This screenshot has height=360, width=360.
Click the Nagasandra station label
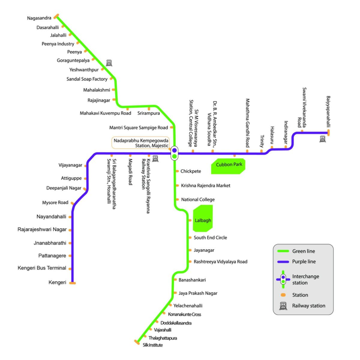[39, 18]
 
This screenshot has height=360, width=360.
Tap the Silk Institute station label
[153, 345]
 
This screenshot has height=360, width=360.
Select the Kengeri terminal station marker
[73, 283]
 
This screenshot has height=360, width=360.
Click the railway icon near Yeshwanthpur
[109, 63]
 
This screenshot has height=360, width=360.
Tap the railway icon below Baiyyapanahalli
[322, 139]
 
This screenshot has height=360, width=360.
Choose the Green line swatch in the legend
[283, 251]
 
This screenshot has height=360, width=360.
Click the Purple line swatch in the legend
[283, 262]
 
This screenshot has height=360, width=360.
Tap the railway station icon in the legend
[283, 306]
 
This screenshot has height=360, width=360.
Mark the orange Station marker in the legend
[283, 295]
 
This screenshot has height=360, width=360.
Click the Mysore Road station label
[55, 202]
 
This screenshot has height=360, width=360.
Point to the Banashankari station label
[192, 280]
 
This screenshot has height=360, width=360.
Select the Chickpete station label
[191, 171]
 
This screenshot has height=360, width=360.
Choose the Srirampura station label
[148, 113]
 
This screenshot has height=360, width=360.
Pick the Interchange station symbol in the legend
[283, 279]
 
